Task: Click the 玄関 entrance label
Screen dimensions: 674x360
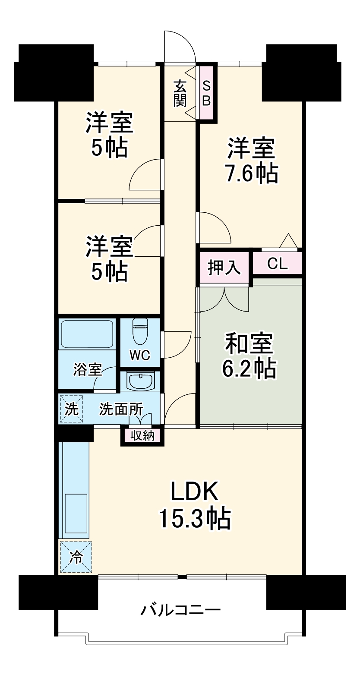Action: click(180, 94)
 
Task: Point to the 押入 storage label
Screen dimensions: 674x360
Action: click(224, 268)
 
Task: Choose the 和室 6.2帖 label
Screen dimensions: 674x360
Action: click(249, 356)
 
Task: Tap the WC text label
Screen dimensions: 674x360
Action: click(140, 356)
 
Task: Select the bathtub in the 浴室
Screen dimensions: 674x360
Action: click(87, 334)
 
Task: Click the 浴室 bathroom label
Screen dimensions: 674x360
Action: click(87, 370)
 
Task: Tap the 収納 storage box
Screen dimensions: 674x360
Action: click(142, 436)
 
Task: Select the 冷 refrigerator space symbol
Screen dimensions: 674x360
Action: click(76, 557)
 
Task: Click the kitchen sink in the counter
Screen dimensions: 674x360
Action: click(76, 514)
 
